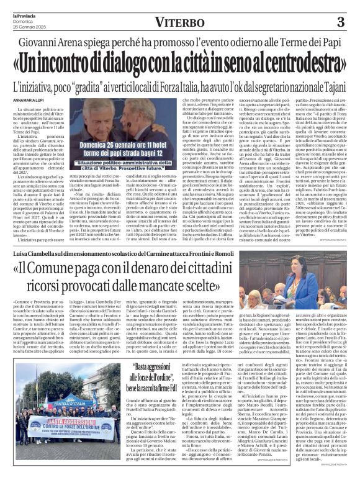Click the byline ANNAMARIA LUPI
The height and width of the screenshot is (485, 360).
pyautogui.click(x=24, y=98)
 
